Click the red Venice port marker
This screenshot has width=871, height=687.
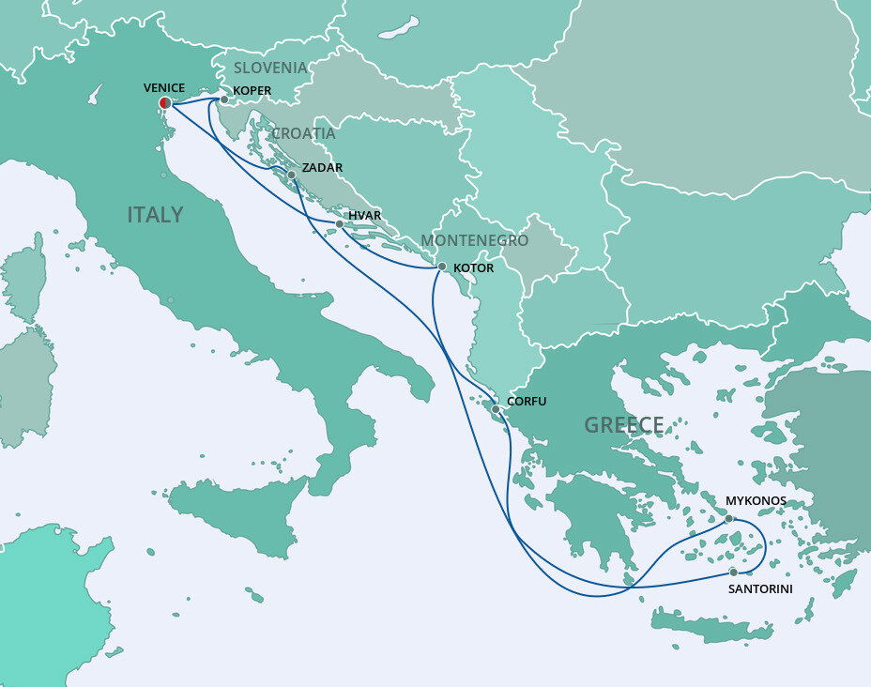(165, 102)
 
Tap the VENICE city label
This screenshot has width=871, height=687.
(164, 87)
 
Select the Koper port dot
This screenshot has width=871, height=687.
(224, 99)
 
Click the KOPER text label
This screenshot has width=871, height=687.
(252, 91)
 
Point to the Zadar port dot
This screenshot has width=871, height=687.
(292, 175)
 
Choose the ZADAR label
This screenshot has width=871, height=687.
(322, 168)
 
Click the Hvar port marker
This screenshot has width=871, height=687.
(339, 223)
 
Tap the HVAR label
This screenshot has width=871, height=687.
(364, 216)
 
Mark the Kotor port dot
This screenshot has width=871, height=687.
(442, 267)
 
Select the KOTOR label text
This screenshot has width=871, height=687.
(473, 268)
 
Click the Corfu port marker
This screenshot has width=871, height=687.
(496, 408)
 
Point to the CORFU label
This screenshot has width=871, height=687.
(526, 402)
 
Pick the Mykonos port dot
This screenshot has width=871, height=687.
(728, 518)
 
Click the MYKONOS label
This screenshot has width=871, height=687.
(756, 501)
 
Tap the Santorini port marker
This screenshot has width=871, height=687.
(733, 571)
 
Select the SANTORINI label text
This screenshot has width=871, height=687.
(760, 589)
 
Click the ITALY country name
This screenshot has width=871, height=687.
(155, 215)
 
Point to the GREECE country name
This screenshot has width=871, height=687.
(623, 425)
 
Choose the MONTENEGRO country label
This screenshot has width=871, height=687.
(474, 240)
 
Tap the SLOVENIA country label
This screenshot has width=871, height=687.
(270, 68)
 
